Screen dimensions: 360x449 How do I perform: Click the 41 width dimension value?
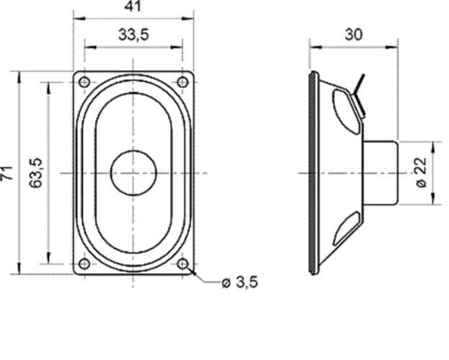click(x=133, y=6)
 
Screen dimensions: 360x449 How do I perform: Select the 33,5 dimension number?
click(x=133, y=35)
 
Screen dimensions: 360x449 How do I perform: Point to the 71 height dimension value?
click(x=7, y=173)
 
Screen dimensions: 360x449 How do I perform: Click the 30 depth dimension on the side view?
click(x=353, y=34)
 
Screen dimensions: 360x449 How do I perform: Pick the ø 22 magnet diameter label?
click(x=423, y=173)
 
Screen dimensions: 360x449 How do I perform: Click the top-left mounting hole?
click(x=84, y=82)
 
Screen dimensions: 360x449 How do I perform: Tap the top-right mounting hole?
click(x=183, y=82)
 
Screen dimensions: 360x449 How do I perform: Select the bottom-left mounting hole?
click(x=84, y=264)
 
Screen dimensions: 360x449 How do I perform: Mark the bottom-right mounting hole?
click(x=183, y=264)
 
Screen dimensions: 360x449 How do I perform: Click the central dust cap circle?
click(x=133, y=173)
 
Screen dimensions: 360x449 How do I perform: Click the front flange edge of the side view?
click(x=312, y=173)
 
